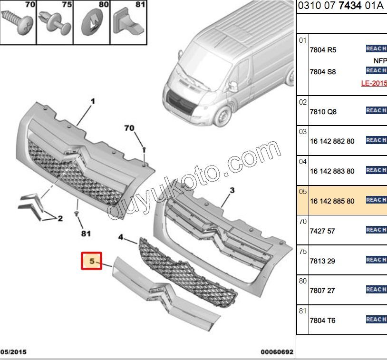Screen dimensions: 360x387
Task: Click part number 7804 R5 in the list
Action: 323,50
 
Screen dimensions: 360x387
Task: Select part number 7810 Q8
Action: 323,112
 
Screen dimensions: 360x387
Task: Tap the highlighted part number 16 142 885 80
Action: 332,201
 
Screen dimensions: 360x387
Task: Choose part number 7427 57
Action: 322,231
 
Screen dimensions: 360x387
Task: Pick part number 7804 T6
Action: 322,321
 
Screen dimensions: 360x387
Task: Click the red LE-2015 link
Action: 374,83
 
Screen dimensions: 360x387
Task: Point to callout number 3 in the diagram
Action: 232,191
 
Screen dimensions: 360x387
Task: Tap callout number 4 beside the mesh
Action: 121,236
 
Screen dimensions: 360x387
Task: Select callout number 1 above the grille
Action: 93,101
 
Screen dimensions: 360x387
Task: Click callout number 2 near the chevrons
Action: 60,219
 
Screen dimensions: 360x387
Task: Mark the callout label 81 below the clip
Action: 86,234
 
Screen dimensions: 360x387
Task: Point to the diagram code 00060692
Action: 277,352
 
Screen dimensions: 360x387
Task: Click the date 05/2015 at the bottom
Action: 13,352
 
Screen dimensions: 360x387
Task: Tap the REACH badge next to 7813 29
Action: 376,260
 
